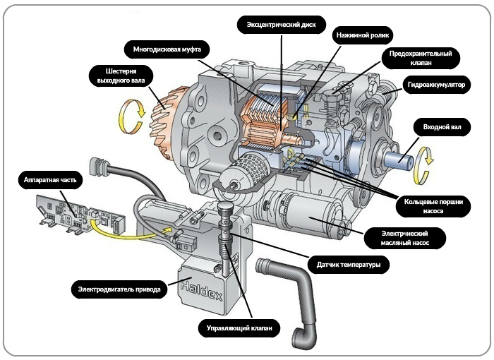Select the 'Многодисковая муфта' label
pyautogui.click(x=163, y=49)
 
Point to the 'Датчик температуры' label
pyautogui.click(x=349, y=265)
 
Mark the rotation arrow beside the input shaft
pyautogui.click(x=425, y=157)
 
